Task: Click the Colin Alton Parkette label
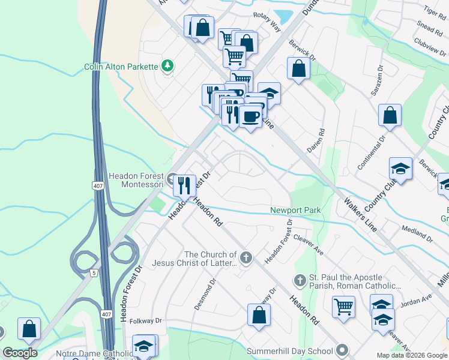click(120, 66)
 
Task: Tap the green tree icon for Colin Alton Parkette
click(169, 65)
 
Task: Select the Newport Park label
click(295, 210)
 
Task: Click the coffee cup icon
click(250, 115)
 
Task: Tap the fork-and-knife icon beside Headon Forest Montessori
click(184, 185)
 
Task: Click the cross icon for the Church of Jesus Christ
click(245, 258)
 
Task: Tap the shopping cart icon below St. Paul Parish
click(344, 307)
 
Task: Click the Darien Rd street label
click(322, 140)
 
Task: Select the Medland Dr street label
click(417, 233)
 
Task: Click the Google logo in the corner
click(20, 353)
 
